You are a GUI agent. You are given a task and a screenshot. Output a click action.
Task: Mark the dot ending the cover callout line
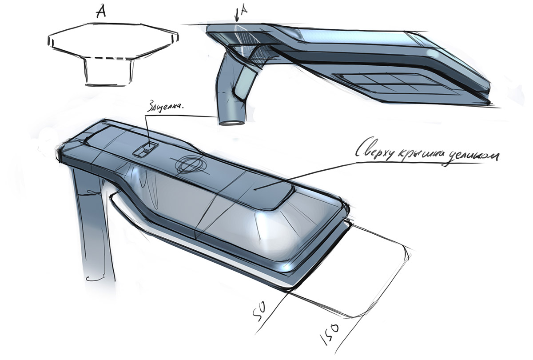255,188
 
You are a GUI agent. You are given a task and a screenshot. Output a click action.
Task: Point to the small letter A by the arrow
242,16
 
